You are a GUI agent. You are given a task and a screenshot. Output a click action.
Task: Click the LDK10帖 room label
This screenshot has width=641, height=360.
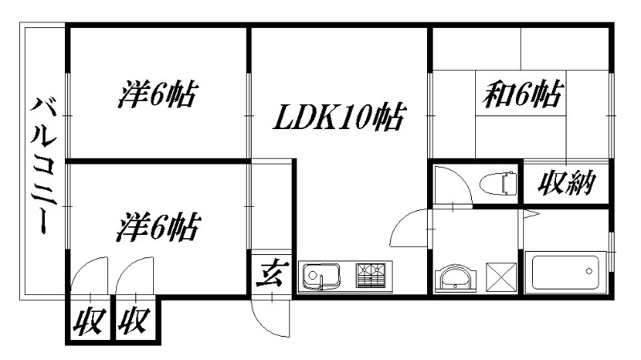(x=339, y=118)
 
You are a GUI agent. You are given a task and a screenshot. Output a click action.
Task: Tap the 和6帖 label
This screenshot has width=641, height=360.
(x=521, y=95)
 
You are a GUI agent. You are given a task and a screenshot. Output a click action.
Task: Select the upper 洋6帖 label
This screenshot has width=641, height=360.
(x=158, y=95)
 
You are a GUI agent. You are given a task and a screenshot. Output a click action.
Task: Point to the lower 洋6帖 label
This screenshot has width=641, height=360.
(x=158, y=228)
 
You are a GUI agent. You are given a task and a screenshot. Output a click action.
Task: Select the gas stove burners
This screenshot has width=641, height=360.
(x=371, y=275)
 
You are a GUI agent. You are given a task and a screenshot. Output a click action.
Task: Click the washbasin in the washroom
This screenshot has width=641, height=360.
(x=457, y=277)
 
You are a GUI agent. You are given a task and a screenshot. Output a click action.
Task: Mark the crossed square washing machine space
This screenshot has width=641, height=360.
(x=502, y=277)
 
